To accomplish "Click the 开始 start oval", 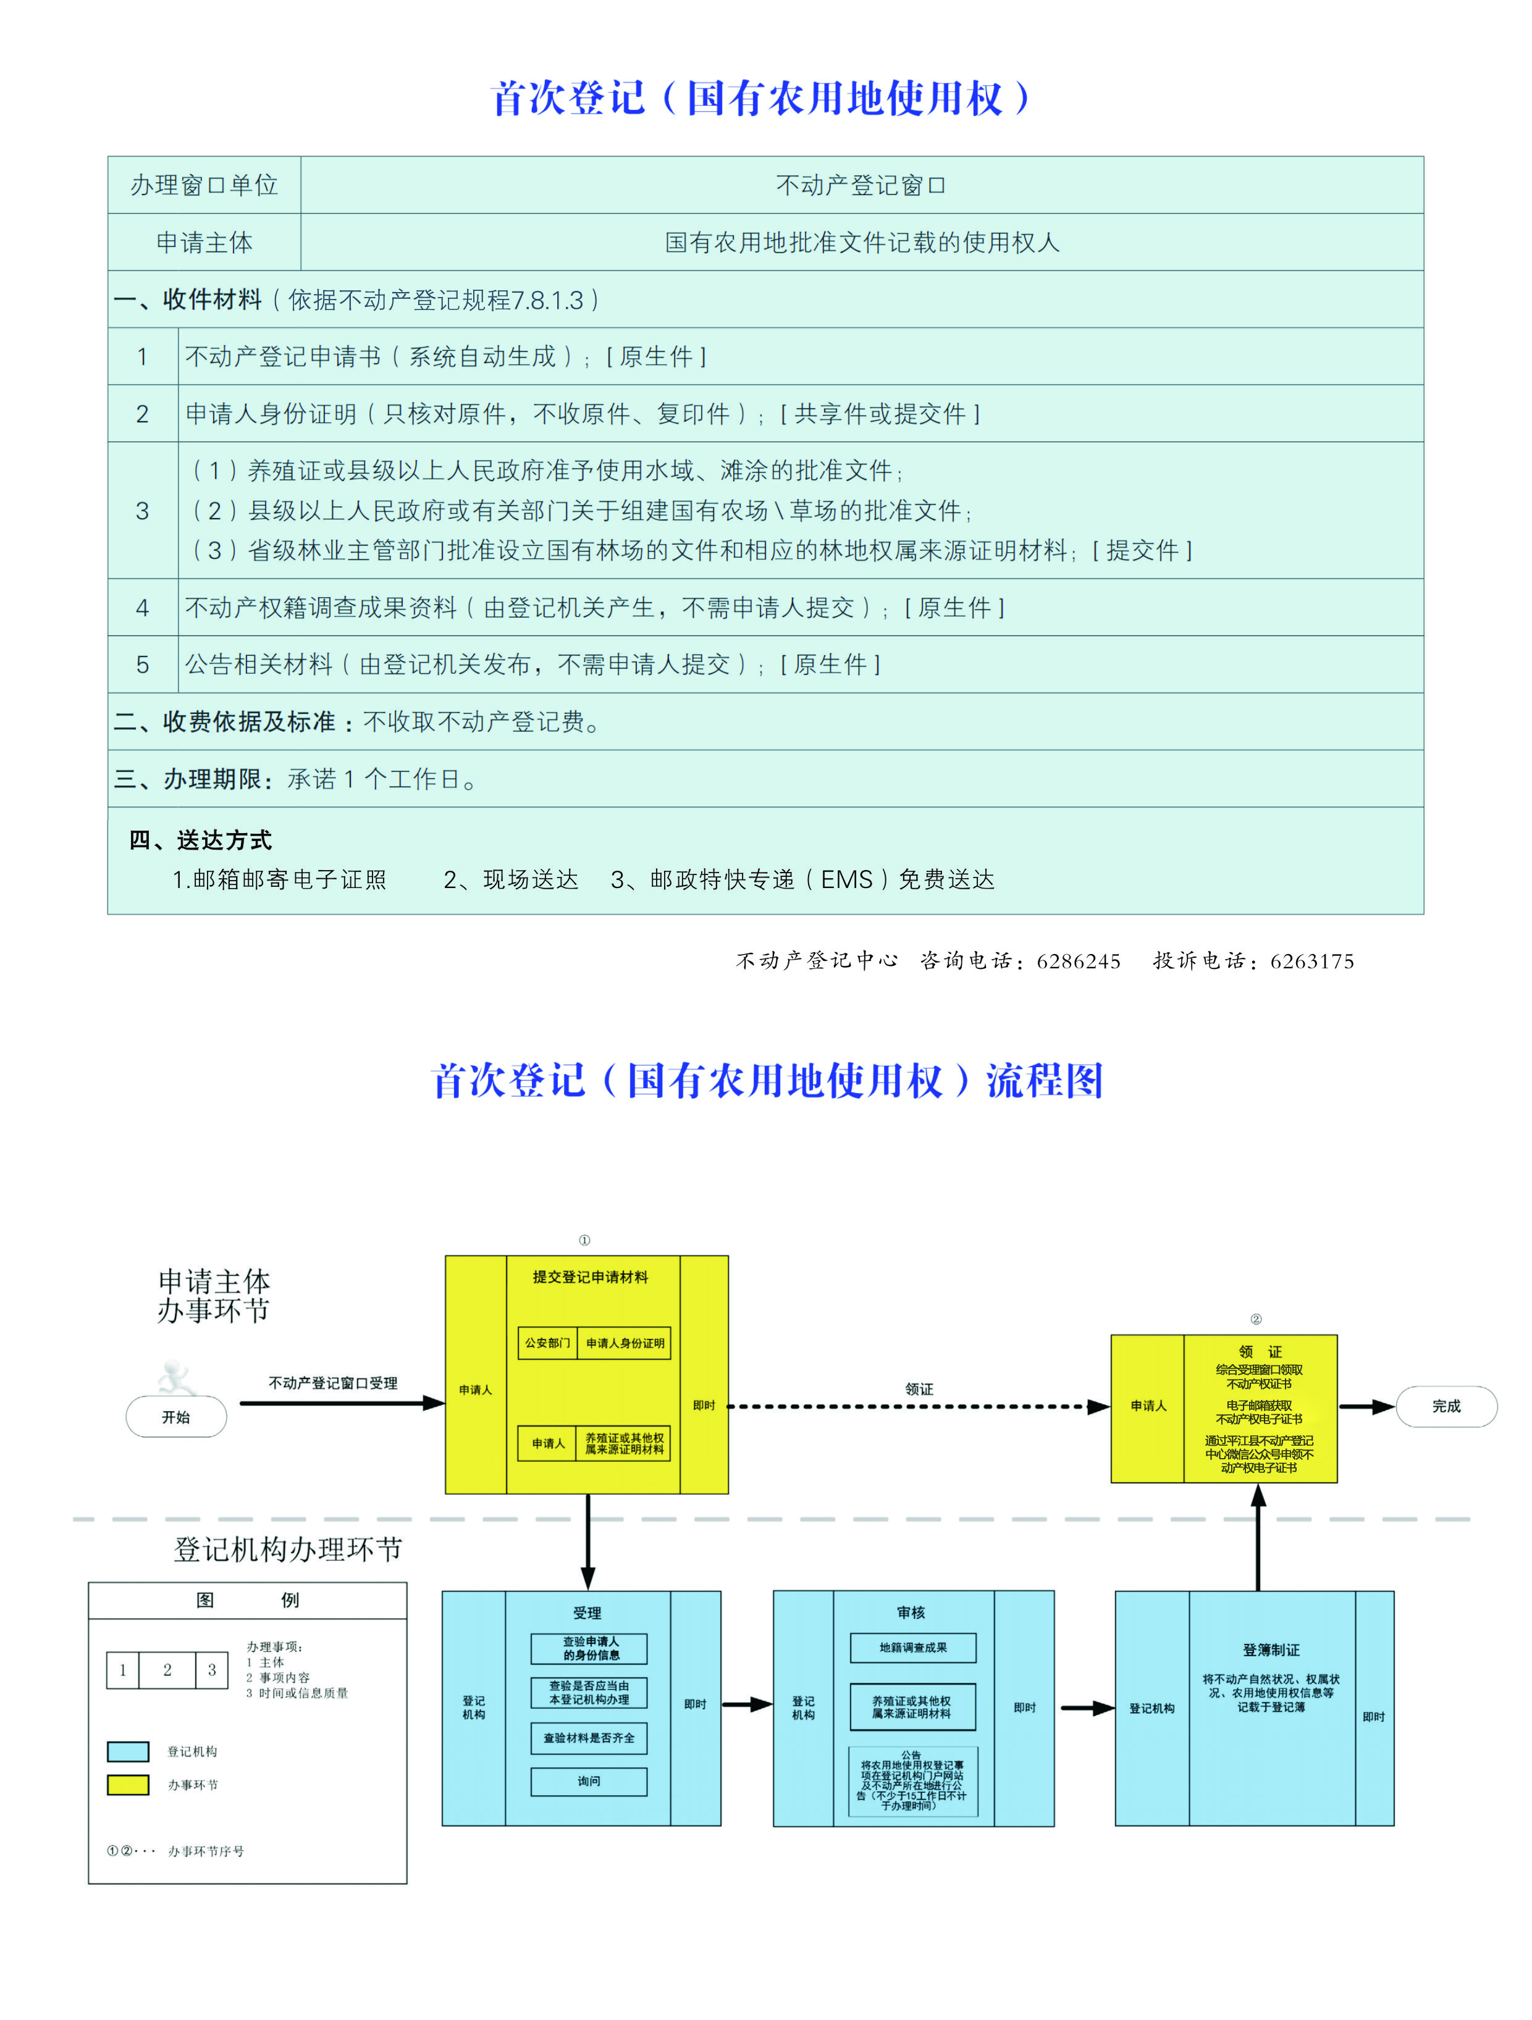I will coord(175,1417).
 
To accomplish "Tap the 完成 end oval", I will coord(1446,1406).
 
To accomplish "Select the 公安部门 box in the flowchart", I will coord(547,1343).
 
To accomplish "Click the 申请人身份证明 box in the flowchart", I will coord(625,1343).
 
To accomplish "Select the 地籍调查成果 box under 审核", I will coord(912,1648).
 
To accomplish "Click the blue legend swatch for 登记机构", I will coord(128,1751).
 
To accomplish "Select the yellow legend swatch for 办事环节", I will coord(128,1784).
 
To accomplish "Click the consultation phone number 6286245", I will coord(1078,962).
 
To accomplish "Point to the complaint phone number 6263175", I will coord(1312,962).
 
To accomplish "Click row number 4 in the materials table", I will coord(143,607).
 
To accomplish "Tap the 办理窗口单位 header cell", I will coord(204,185).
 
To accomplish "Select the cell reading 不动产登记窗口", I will coord(861,185).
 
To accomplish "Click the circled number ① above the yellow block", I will coord(584,1240).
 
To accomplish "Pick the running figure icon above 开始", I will coord(175,1378).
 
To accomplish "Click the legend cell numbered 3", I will coord(212,1670).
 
